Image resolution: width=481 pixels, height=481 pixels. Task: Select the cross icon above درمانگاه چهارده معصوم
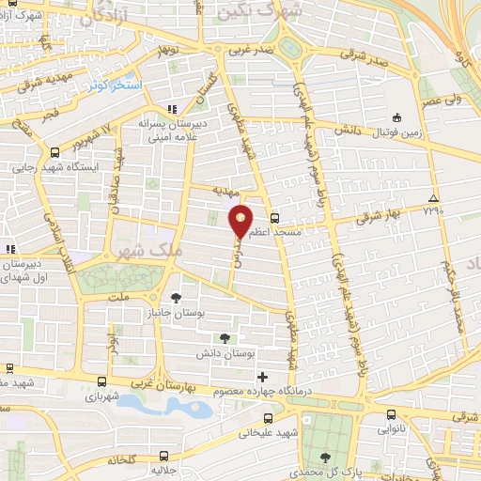(263, 378)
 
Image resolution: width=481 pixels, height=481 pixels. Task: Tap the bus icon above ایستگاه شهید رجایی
(58, 148)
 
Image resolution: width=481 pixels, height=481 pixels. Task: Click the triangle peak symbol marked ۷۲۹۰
(432, 198)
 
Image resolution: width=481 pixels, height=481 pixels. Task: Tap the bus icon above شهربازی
(102, 380)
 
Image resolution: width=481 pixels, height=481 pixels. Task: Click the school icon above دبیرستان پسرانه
(170, 109)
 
